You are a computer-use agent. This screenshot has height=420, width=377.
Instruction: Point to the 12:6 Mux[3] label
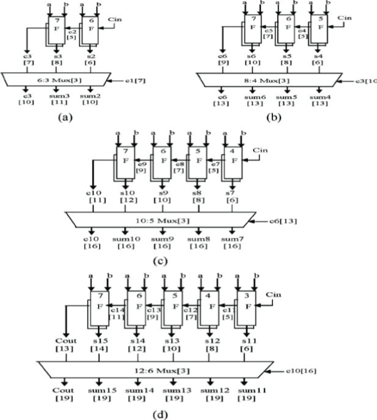click(x=147, y=368)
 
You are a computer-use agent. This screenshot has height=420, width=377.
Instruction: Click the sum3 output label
click(x=57, y=95)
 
